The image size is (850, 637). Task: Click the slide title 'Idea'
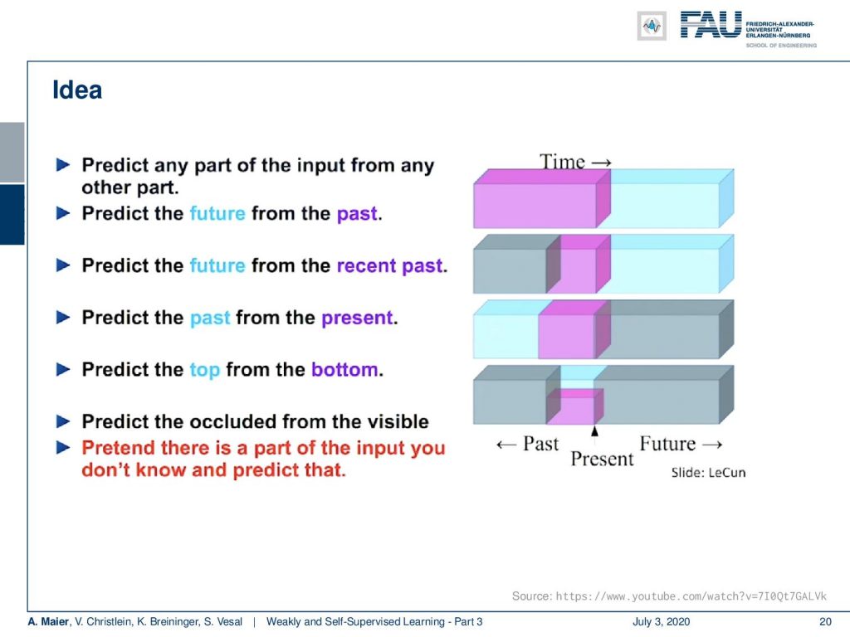click(x=77, y=90)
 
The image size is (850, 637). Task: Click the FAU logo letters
click(x=711, y=25)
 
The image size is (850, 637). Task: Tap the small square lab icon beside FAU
click(x=652, y=26)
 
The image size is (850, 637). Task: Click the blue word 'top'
click(x=205, y=371)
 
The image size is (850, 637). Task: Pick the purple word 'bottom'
click(x=344, y=369)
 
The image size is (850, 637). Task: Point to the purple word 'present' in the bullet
click(x=357, y=318)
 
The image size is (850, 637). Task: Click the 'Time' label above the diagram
click(x=562, y=162)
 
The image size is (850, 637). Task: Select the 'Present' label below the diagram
click(x=602, y=459)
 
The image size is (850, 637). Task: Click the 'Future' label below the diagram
click(x=667, y=444)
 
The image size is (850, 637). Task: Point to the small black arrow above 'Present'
click(x=594, y=431)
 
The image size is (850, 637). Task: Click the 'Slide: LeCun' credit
click(x=709, y=473)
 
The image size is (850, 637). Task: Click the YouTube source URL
click(x=691, y=596)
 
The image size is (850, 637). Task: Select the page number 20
click(x=825, y=622)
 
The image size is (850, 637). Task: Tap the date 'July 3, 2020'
click(x=661, y=622)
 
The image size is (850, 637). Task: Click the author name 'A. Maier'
click(x=48, y=622)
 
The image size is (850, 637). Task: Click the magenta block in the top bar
click(x=542, y=199)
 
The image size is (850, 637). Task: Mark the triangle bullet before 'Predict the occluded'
click(x=63, y=421)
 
